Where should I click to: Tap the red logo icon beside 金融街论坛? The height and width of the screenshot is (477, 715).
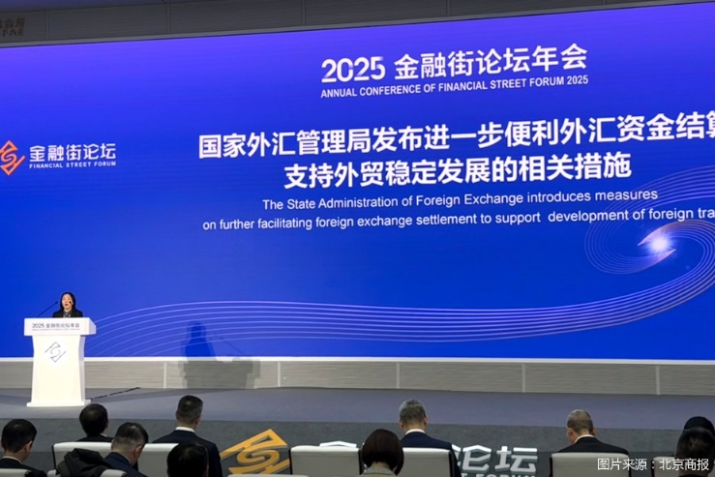[11, 157]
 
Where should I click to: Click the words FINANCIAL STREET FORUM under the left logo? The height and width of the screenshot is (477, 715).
[73, 165]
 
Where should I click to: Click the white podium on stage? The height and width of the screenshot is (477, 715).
[59, 363]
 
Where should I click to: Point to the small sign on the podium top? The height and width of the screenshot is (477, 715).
[58, 326]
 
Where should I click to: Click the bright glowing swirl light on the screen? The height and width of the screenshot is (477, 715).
[659, 243]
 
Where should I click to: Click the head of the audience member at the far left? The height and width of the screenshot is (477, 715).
[17, 435]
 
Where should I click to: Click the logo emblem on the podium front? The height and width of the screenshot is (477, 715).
[55, 351]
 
